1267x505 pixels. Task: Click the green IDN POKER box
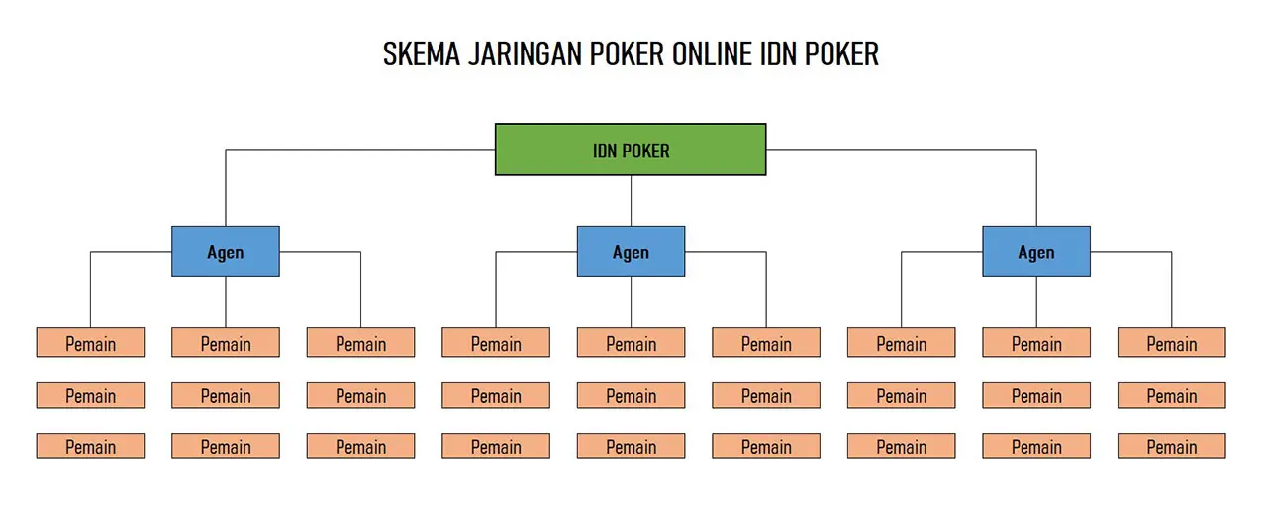[x=631, y=150]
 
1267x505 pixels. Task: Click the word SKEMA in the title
[x=422, y=54]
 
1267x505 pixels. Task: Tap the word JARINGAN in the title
[x=525, y=54]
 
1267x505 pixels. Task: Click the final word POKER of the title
[x=841, y=54]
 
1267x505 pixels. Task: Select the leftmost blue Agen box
[x=226, y=252]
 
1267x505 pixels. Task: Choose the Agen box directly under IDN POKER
[x=632, y=252]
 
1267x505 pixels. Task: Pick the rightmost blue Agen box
[x=1036, y=252]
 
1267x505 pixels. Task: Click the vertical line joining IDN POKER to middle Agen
[x=632, y=201]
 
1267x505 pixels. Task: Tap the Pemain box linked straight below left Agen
[x=226, y=343]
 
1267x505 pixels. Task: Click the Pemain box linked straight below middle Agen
[x=632, y=343]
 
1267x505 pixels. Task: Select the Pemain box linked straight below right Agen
[x=1036, y=343]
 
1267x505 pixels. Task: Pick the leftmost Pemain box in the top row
[x=90, y=343]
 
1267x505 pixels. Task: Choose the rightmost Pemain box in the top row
[x=1171, y=343]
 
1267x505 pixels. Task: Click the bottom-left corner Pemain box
[x=90, y=447]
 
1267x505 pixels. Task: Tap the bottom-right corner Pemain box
[x=1171, y=447]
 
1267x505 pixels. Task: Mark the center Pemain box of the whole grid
[x=632, y=395]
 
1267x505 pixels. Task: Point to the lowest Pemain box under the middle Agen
[x=632, y=447]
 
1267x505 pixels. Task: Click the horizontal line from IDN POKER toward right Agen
[x=902, y=150]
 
